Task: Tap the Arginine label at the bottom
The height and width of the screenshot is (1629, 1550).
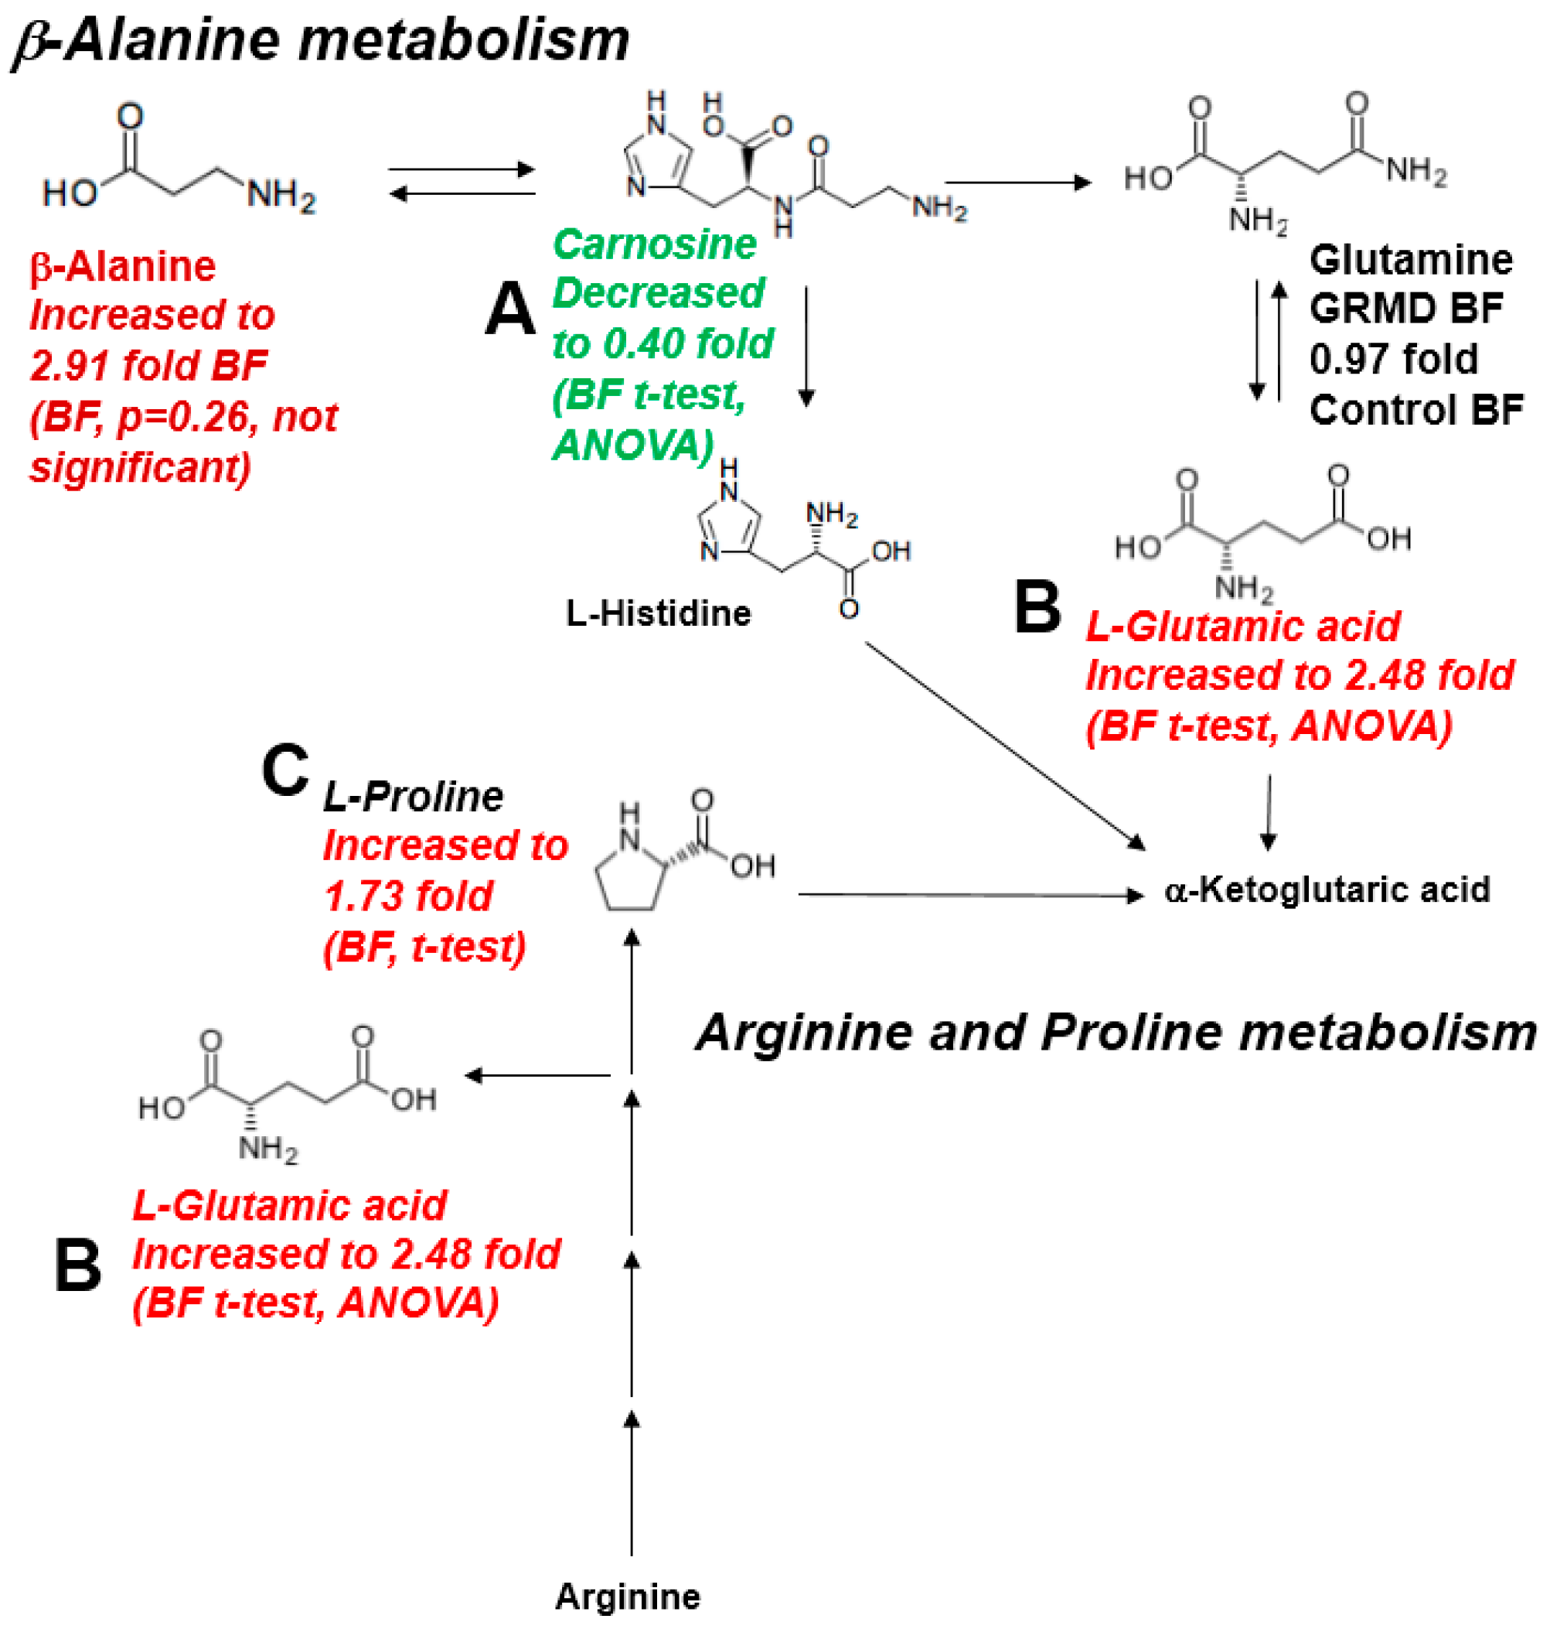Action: point(627,1596)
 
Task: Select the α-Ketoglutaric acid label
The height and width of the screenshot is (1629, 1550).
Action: point(1326,890)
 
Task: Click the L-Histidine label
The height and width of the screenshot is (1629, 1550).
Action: point(658,613)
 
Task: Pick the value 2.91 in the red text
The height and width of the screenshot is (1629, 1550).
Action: point(71,365)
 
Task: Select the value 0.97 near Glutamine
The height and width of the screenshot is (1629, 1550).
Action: point(1349,359)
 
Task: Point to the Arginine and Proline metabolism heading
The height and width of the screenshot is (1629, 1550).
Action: point(1116,1033)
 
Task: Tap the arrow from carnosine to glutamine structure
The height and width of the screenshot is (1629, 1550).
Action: point(1017,183)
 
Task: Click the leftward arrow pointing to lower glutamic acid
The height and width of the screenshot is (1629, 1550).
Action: point(537,1075)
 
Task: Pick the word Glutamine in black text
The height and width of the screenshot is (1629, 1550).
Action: point(1410,260)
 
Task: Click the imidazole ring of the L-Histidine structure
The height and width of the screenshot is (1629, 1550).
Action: point(727,526)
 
